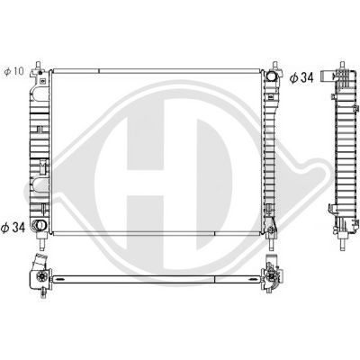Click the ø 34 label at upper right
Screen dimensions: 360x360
pos(301,79)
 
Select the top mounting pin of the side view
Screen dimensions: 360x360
pos(344,64)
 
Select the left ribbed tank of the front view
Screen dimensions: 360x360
pos(38,144)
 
